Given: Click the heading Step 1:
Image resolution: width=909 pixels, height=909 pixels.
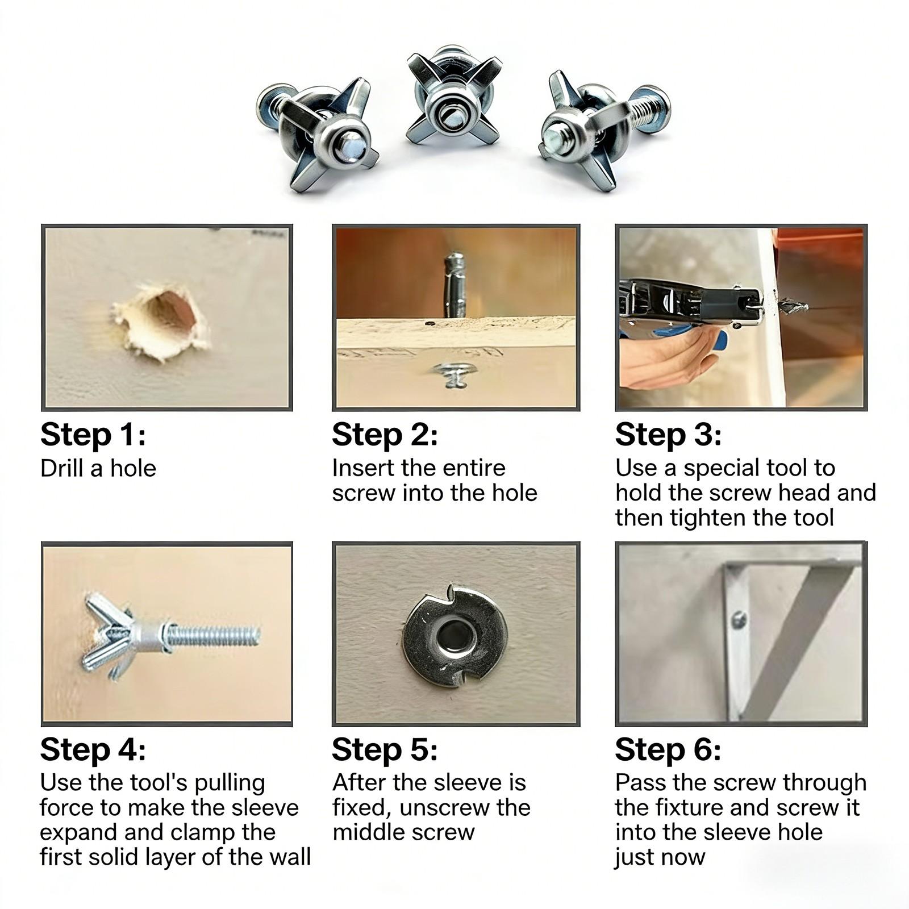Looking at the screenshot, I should pos(93,435).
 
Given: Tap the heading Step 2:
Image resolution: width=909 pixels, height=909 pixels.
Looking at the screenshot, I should pos(385,435).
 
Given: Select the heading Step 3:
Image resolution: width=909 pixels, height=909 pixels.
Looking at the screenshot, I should pos(668,435).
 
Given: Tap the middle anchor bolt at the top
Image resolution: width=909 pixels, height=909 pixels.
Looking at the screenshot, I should pos(454,97).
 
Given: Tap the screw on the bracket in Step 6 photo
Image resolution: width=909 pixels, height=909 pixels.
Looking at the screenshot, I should pos(739,619).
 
